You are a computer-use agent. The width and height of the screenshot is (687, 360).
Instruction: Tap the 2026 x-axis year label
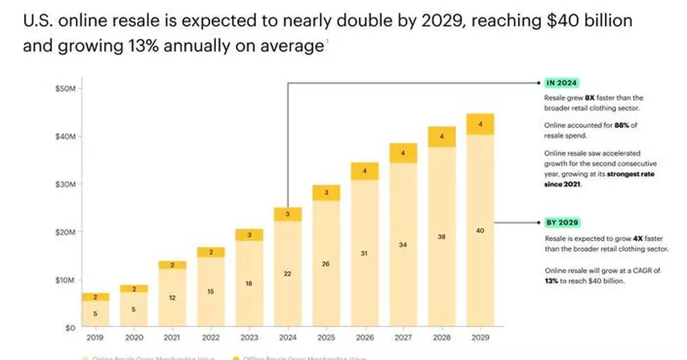(x=364, y=338)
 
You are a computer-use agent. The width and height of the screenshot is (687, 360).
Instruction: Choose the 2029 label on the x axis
(x=480, y=338)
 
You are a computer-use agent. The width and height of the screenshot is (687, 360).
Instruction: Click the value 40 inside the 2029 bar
(x=480, y=231)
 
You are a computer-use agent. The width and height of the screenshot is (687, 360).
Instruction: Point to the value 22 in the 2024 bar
(x=287, y=274)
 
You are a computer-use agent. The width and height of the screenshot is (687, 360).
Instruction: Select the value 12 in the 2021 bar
(x=172, y=298)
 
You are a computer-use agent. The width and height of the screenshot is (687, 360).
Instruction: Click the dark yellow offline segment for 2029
(x=480, y=124)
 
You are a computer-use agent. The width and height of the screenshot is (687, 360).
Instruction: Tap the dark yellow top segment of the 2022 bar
(x=210, y=252)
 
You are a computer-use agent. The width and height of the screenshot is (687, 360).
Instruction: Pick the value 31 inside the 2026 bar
(x=364, y=253)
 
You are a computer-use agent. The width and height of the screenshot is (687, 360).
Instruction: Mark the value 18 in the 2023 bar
(x=248, y=283)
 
